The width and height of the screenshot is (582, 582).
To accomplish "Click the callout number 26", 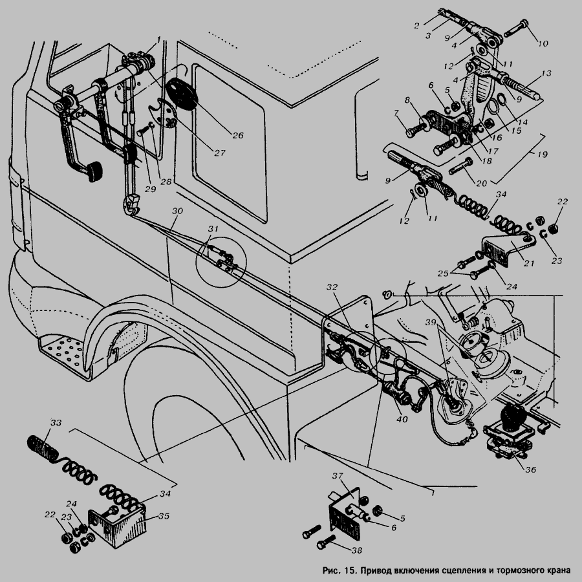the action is (238, 136).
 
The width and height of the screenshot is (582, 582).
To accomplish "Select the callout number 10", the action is (543, 43).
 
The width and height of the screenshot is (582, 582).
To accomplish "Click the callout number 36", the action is (531, 469).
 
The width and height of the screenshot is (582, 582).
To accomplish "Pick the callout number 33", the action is (56, 422).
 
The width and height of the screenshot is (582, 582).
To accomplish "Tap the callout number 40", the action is (402, 420).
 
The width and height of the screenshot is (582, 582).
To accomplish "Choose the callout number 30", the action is (177, 211).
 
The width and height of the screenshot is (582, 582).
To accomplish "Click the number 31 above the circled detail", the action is (213, 229).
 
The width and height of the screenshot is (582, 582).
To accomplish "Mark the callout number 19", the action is (543, 154).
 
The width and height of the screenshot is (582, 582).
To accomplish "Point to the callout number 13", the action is (546, 73).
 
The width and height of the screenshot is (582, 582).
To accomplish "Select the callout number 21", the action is (529, 263).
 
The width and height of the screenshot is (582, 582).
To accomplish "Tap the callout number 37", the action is (338, 475).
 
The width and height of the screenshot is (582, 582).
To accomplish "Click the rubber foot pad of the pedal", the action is (95, 172).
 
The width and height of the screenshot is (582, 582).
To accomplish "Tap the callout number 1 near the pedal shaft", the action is (159, 39).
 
